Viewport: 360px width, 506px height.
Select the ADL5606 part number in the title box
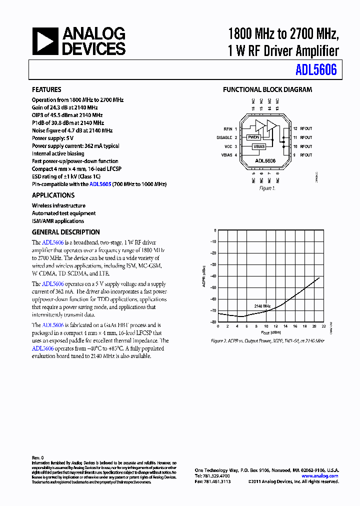[x=316, y=70]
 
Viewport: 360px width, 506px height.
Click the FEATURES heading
[x=46, y=90]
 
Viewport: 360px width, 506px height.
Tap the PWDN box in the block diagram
[x=253, y=137]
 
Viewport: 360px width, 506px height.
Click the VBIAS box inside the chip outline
[x=258, y=146]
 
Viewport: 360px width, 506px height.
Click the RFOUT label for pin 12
[x=305, y=129]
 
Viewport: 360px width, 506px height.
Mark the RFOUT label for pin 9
[x=305, y=155]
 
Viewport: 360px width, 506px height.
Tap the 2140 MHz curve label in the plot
[x=262, y=305]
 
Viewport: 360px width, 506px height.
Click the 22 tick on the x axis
[x=324, y=326]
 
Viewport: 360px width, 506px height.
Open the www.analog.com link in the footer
[x=320, y=476]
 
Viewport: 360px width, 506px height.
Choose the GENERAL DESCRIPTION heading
[x=65, y=232]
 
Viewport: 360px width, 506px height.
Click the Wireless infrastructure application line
[x=58, y=205]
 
